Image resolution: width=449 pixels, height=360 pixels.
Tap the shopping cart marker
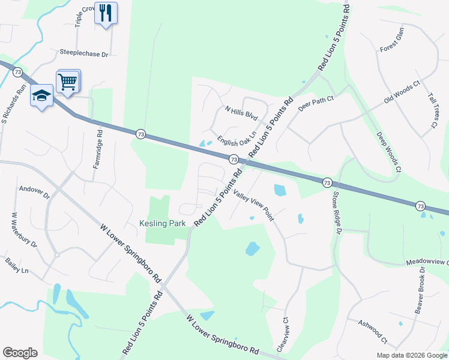click(x=68, y=81)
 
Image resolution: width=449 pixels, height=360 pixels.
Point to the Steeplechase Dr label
click(x=83, y=53)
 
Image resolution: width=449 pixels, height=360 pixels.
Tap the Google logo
click(x=20, y=353)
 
